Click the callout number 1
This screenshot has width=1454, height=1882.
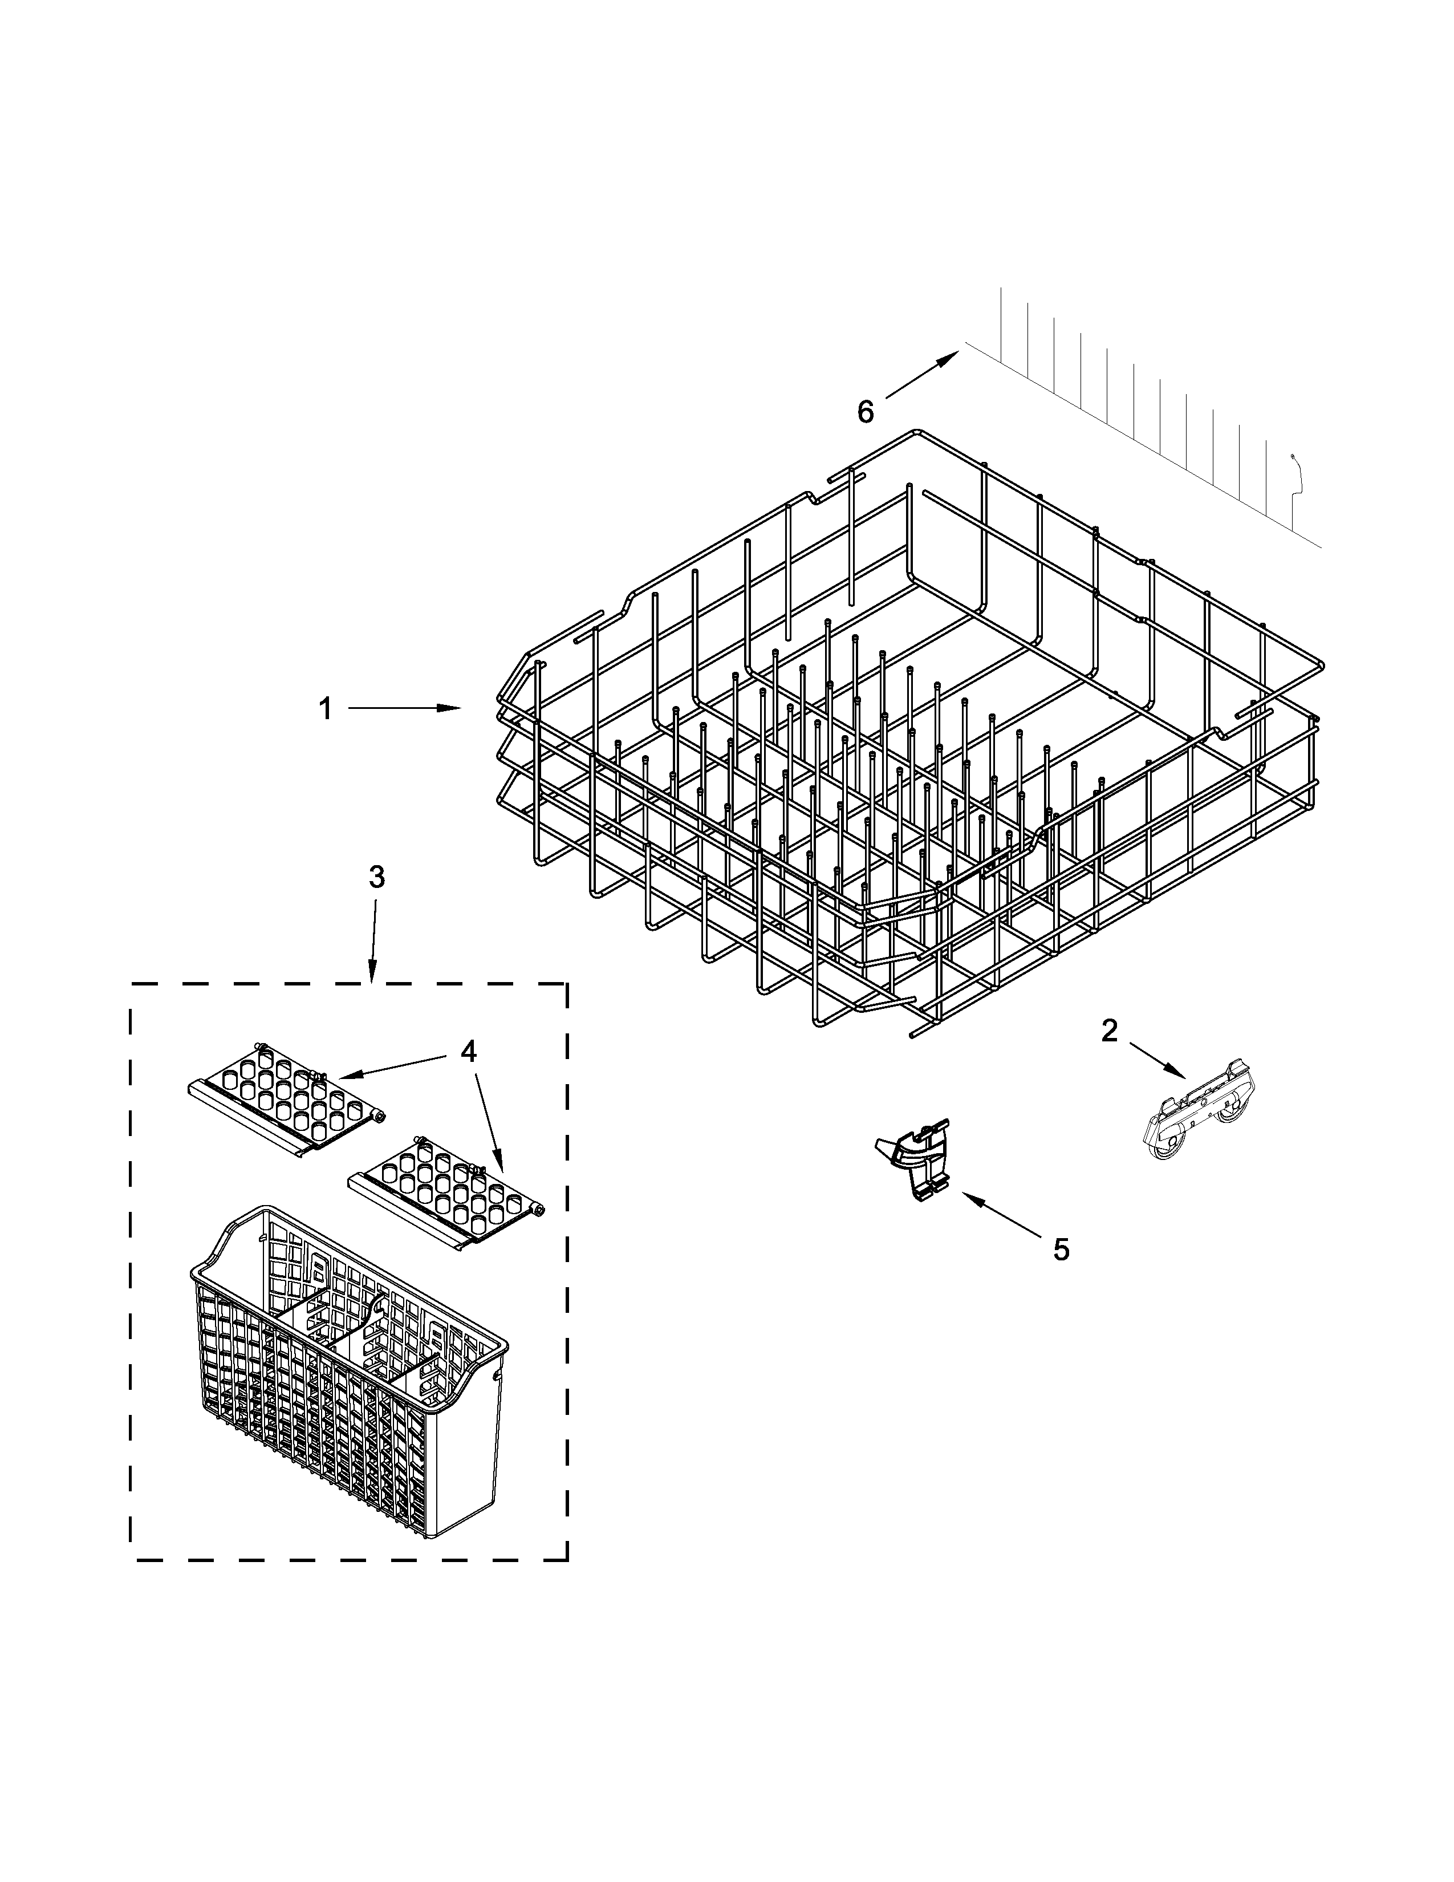coord(326,709)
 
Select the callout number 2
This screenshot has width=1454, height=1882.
coord(1110,1031)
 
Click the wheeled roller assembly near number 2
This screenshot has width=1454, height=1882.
coord(1198,1117)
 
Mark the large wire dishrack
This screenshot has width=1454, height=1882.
coord(904,732)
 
